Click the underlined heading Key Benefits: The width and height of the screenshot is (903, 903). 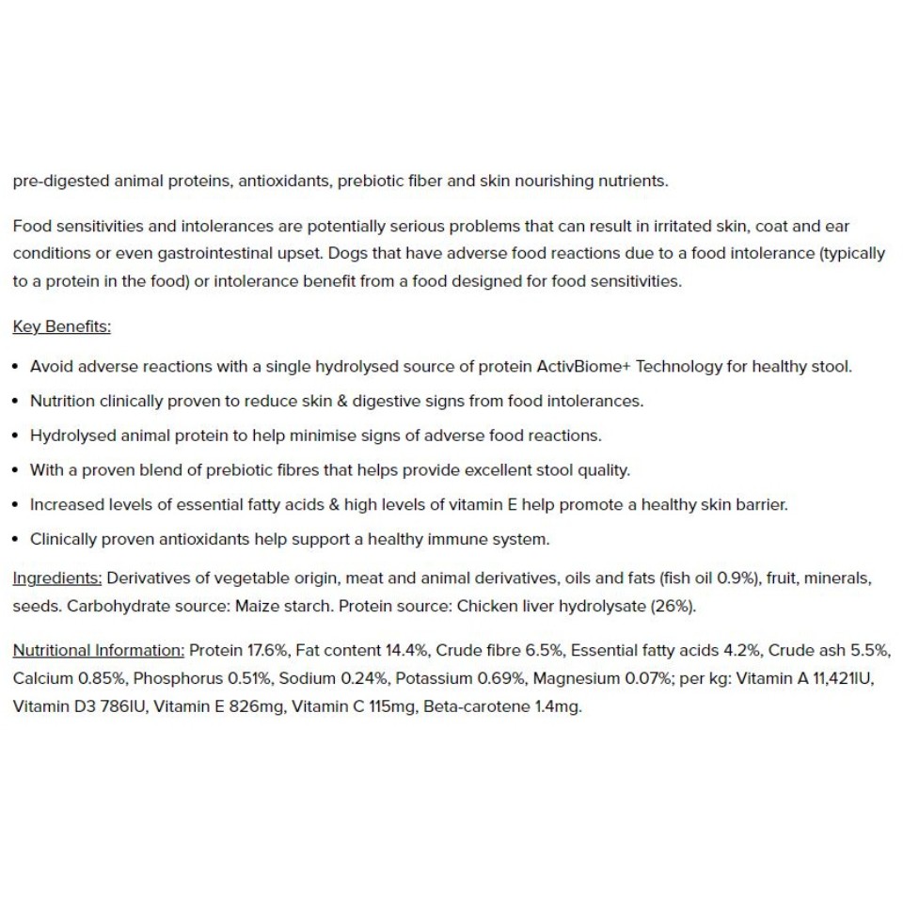coord(61,326)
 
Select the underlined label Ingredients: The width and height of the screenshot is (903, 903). coord(56,578)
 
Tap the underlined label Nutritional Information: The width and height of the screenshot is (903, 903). coord(98,650)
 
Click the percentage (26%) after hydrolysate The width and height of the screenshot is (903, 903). coord(673,606)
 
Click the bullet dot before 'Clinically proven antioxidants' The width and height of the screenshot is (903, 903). coord(16,540)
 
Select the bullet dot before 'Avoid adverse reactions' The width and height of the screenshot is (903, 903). coord(16,367)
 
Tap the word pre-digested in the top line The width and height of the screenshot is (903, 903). coord(60,181)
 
